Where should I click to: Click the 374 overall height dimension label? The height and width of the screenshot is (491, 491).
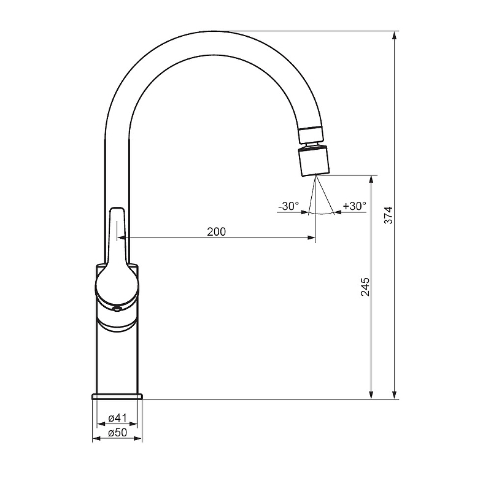pos(389,215)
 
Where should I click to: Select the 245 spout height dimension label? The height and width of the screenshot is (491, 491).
pos(365,287)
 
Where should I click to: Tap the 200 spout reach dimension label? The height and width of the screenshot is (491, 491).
pos(217,231)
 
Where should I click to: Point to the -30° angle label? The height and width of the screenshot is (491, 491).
pos(288,206)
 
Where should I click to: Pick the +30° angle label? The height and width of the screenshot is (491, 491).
pos(355,206)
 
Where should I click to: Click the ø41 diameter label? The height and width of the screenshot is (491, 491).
pos(117,418)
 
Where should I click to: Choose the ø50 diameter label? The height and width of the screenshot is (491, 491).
pos(117,433)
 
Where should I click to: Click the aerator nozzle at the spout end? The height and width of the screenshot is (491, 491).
pos(314,162)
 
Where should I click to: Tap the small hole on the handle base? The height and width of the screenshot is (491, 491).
pos(117,309)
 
